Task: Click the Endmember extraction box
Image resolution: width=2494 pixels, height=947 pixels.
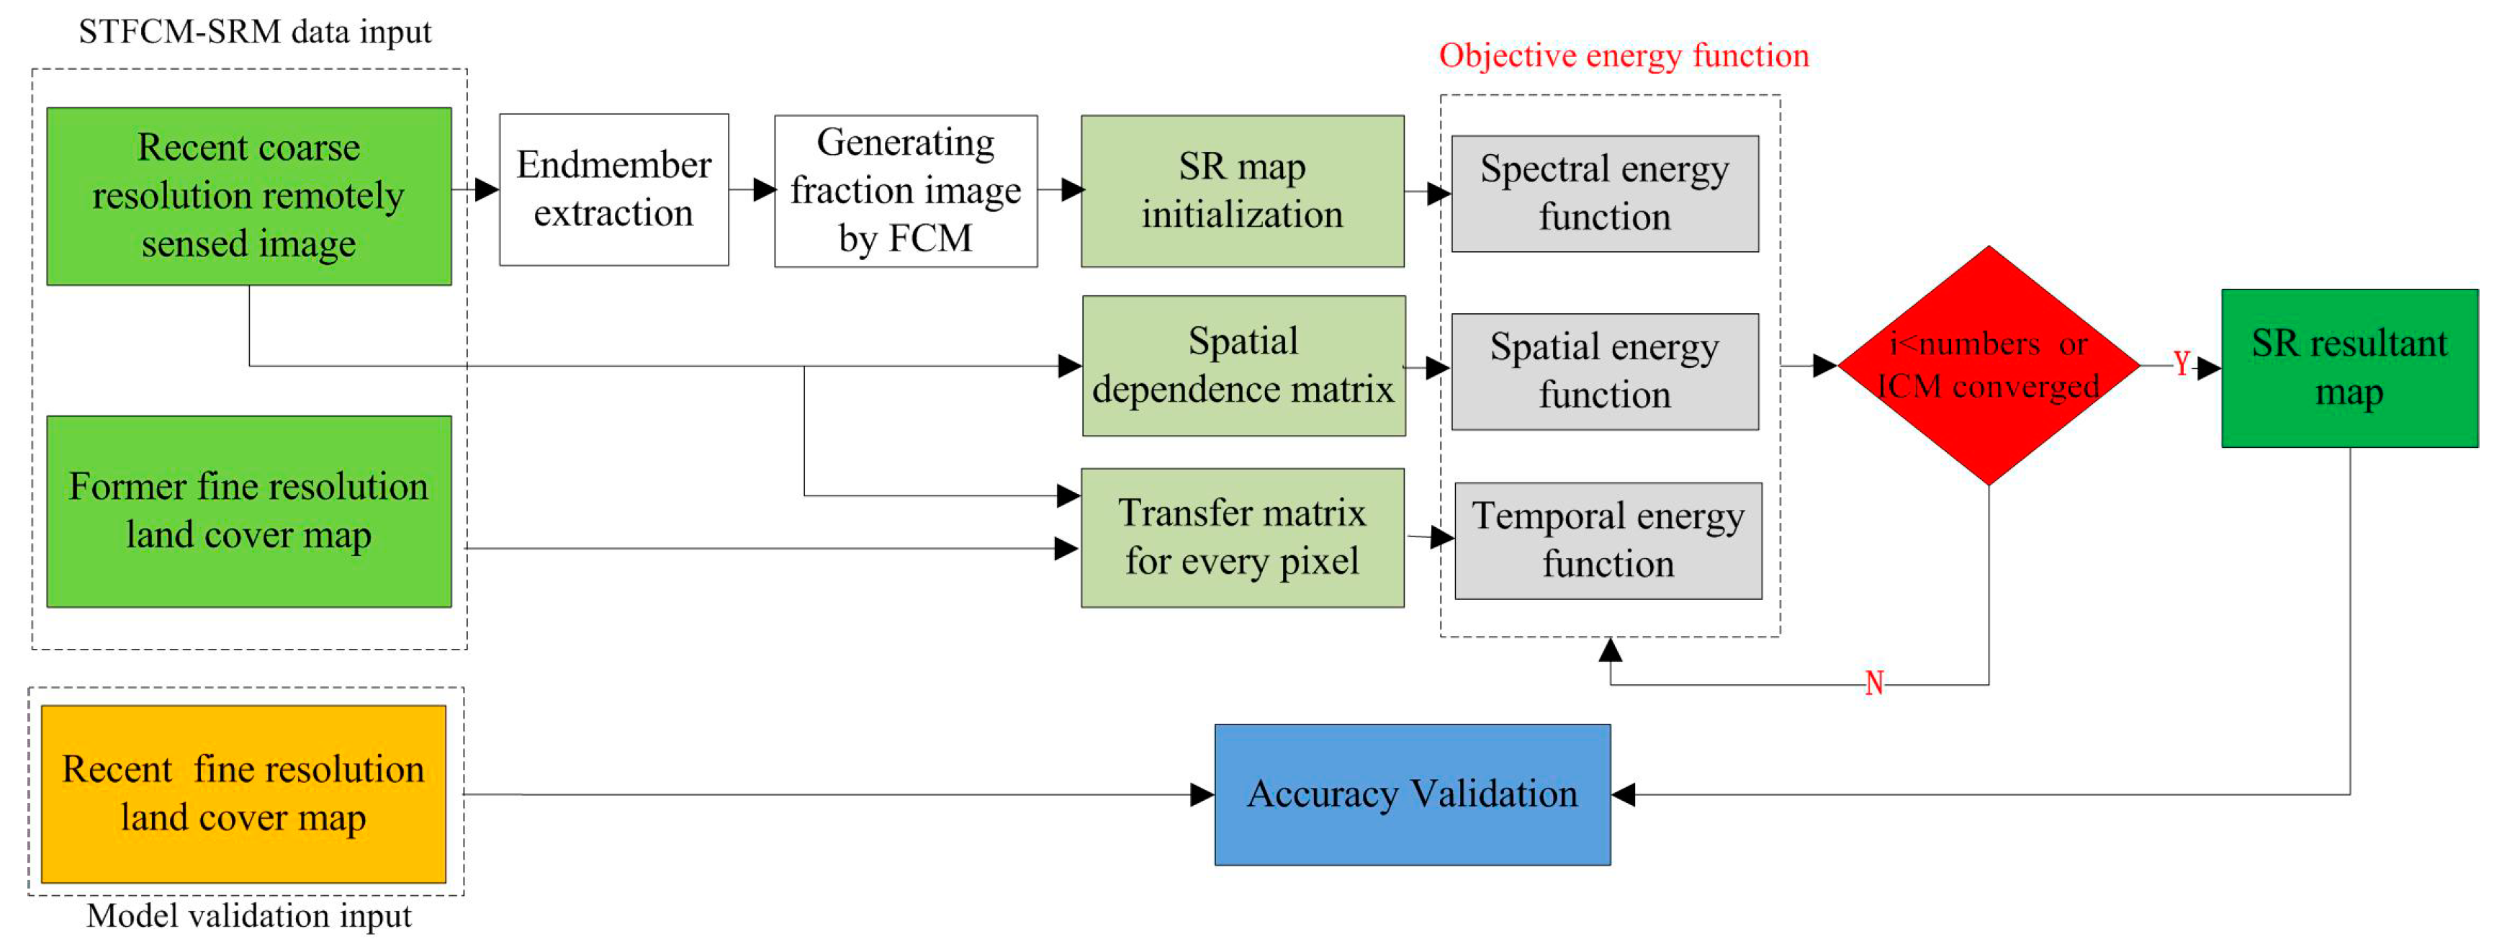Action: [614, 190]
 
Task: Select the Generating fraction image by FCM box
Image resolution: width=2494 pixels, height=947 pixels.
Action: [905, 191]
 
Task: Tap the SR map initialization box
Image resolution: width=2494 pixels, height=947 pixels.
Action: [1242, 191]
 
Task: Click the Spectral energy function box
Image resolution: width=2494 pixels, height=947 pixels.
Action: [1604, 194]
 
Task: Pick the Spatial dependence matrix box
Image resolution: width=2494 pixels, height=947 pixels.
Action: [1243, 366]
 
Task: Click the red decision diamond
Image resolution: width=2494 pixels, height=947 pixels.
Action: [1988, 365]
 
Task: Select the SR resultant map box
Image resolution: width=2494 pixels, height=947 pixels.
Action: [2349, 368]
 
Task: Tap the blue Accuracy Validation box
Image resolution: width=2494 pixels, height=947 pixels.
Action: [1412, 795]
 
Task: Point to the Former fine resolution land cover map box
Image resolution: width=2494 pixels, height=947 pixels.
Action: [249, 511]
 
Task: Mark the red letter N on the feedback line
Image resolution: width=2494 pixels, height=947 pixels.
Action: [1874, 683]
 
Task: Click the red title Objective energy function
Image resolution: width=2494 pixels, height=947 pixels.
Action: [1624, 56]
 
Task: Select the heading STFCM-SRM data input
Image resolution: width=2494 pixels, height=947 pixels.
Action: [255, 32]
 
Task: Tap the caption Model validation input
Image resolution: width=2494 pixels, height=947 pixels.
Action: [249, 916]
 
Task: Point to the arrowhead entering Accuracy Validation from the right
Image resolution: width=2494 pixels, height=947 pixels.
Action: [1624, 795]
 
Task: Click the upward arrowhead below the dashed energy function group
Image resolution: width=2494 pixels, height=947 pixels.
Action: [1610, 650]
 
